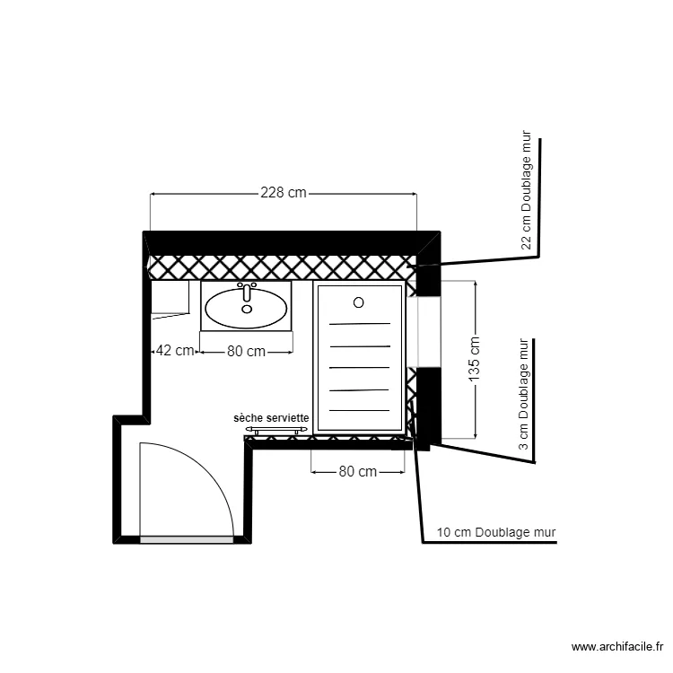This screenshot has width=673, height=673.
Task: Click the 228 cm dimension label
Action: pyautogui.click(x=284, y=192)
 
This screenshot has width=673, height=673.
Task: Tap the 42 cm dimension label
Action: pyautogui.click(x=174, y=351)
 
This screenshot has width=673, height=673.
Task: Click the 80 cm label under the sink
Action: pyautogui.click(x=246, y=352)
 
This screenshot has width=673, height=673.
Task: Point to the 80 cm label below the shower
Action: pyautogui.click(x=357, y=471)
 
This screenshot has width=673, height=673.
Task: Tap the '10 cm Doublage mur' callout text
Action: pyautogui.click(x=496, y=532)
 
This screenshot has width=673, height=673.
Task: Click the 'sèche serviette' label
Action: pyautogui.click(x=272, y=418)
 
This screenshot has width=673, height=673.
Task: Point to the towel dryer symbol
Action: pyautogui.click(x=276, y=430)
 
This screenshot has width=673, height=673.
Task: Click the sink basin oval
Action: pyautogui.click(x=247, y=309)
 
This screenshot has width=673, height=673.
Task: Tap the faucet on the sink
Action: pyautogui.click(x=247, y=290)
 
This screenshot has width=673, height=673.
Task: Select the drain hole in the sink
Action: pyautogui.click(x=247, y=309)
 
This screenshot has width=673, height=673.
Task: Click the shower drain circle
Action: pyautogui.click(x=359, y=302)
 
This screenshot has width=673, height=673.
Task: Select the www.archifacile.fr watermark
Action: pyautogui.click(x=618, y=646)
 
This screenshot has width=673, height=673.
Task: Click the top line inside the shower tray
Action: pyautogui.click(x=359, y=324)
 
